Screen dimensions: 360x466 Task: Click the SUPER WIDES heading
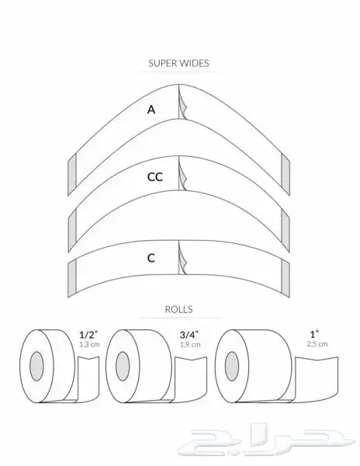click(x=178, y=63)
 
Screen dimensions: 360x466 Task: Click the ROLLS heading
click(x=178, y=309)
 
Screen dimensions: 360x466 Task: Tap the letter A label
click(x=151, y=110)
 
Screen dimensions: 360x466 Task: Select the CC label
click(x=155, y=177)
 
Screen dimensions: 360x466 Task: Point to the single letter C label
click(x=151, y=258)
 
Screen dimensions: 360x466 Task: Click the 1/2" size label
click(x=88, y=335)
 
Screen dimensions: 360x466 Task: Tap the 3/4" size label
click(x=189, y=335)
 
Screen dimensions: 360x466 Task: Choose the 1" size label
click(x=314, y=334)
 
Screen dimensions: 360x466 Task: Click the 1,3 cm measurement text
click(x=89, y=344)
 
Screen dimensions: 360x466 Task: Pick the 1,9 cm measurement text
click(x=190, y=344)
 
